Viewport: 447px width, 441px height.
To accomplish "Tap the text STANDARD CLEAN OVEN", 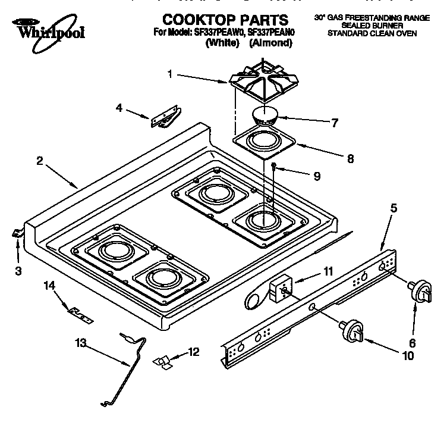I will pyautogui.click(x=372, y=34).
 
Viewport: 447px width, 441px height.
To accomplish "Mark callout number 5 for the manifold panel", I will pyautogui.click(x=394, y=208).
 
